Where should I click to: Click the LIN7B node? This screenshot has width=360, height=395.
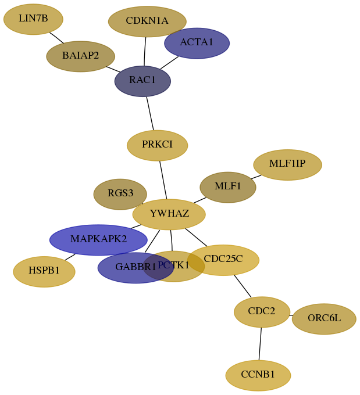(33, 19)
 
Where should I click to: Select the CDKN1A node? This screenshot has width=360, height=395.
(147, 21)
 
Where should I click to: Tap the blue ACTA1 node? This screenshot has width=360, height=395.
(197, 44)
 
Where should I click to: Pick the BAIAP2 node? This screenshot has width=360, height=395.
(81, 56)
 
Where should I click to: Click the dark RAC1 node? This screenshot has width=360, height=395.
(143, 81)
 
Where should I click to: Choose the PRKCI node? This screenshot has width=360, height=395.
(158, 145)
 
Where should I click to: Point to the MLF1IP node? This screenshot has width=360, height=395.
(288, 165)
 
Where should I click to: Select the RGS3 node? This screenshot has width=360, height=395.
(120, 194)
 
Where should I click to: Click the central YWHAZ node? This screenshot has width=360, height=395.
(169, 214)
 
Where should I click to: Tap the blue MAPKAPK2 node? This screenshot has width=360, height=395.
(98, 240)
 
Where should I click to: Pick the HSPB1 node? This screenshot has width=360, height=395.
(44, 272)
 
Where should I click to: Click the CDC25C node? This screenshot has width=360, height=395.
(223, 260)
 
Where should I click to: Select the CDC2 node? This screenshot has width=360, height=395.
(262, 312)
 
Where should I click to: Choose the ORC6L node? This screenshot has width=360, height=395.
(324, 319)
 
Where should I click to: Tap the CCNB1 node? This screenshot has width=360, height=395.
(258, 376)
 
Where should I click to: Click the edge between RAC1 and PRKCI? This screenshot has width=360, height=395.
(150, 113)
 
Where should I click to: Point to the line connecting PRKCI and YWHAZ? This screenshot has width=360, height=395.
(163, 180)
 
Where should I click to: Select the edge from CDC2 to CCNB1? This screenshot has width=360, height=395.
(260, 344)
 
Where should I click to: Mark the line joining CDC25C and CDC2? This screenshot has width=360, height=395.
(243, 286)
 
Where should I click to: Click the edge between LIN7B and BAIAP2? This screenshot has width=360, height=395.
(56, 38)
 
